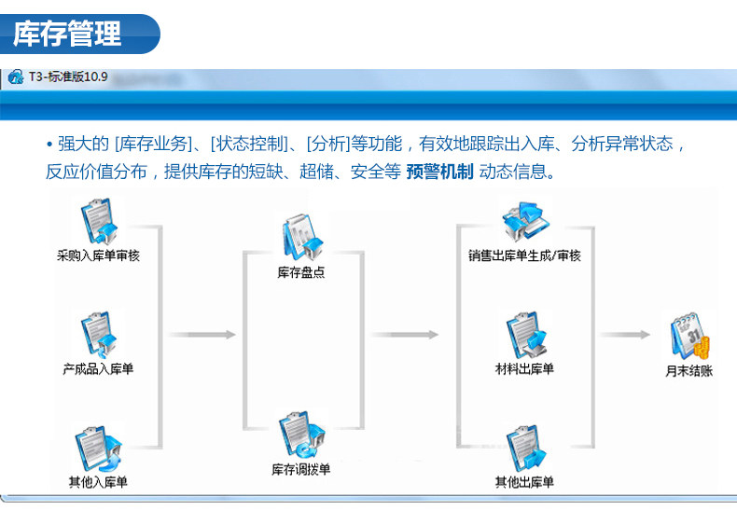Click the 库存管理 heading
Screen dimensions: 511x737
tap(68, 34)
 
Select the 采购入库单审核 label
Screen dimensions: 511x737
tap(98, 255)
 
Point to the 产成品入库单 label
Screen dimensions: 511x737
tap(98, 369)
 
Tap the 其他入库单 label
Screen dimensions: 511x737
tap(98, 482)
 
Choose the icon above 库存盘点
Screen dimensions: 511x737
tap(300, 239)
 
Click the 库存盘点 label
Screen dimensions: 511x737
tap(300, 273)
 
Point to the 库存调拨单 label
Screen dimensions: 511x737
tap(300, 469)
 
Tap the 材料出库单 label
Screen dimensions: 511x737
tap(524, 369)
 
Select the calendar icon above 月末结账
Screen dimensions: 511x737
tap(689, 337)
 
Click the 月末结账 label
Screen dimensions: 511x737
tap(689, 370)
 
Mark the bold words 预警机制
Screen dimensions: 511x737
tap(440, 172)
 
